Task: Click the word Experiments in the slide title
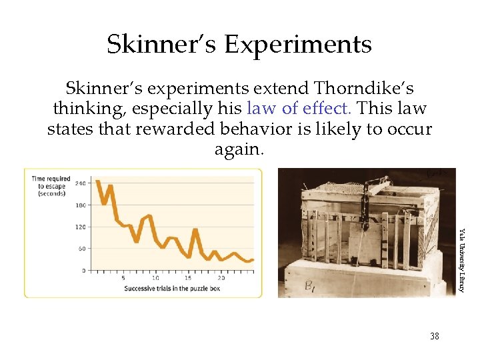[x=297, y=45]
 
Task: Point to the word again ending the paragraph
[x=239, y=149]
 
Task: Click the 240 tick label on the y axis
[x=81, y=183]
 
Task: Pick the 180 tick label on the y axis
[x=81, y=205]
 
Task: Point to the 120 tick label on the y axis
[x=81, y=227]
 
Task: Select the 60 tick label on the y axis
[x=82, y=249]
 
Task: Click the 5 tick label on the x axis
[x=123, y=278]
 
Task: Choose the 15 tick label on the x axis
[x=187, y=278]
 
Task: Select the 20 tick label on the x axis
[x=221, y=278]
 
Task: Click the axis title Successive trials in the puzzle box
[x=172, y=289]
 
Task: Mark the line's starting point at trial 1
[x=97, y=181]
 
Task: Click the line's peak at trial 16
[x=195, y=230]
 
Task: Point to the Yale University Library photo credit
[x=460, y=260]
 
